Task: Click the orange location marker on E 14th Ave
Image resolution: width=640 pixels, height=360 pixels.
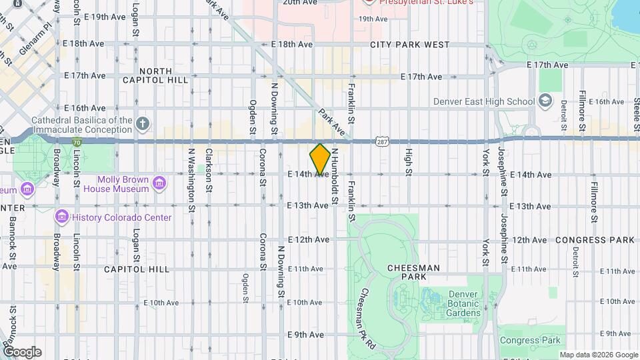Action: tap(320, 159)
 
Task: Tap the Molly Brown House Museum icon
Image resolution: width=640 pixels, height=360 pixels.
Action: tap(159, 183)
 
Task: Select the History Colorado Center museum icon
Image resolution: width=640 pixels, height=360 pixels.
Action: tap(62, 217)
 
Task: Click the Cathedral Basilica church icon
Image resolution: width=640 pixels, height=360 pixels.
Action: tap(142, 123)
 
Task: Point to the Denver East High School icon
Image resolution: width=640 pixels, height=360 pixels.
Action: tap(545, 101)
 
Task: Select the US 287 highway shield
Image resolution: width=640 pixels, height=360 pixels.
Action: tap(381, 141)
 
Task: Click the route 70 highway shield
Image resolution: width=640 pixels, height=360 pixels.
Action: tap(77, 141)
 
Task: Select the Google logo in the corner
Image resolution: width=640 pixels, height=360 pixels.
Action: tap(21, 352)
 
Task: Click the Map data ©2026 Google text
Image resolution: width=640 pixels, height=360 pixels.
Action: tap(598, 355)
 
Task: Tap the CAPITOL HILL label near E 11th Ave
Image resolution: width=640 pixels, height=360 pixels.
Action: tap(137, 269)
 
